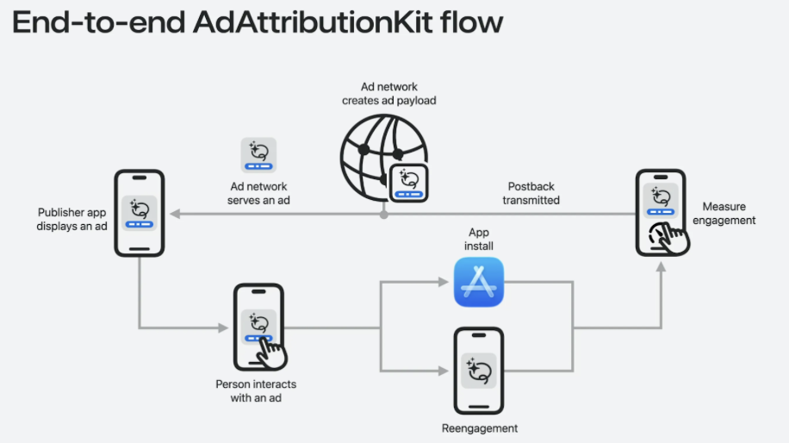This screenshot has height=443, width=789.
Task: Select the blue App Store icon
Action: point(479,282)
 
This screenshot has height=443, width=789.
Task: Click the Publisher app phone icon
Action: point(139,213)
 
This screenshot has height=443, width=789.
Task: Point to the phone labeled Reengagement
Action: point(479,371)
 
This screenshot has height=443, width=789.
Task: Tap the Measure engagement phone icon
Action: point(662,213)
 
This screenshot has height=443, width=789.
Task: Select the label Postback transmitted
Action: point(531,193)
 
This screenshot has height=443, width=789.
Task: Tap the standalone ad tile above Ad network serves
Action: point(258,155)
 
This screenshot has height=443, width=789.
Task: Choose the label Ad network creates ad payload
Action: point(389,94)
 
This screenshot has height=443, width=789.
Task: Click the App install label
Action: point(479,239)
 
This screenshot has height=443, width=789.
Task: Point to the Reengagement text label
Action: point(480,428)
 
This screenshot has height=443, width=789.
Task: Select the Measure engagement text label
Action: point(724,213)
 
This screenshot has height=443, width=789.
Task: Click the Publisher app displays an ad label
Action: point(73,219)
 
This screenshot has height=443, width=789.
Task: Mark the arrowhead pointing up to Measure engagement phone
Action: point(661,269)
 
